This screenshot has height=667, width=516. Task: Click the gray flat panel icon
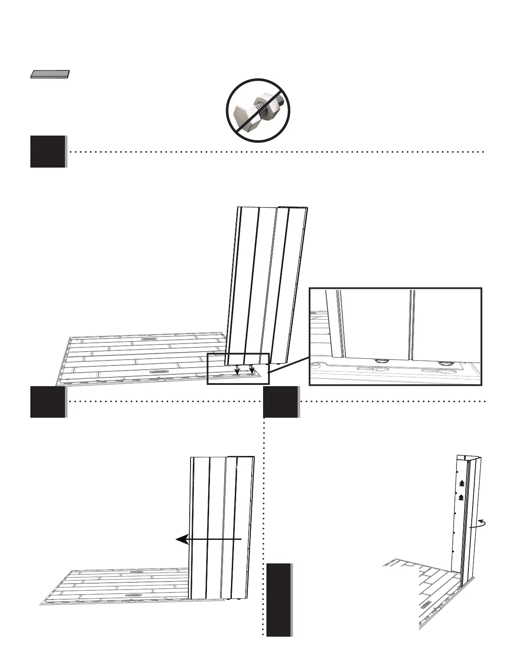tap(50, 75)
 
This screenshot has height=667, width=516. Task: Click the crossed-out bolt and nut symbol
tap(258, 110)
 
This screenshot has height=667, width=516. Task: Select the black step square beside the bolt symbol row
tap(48, 152)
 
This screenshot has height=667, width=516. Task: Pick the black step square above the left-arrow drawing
tap(48, 402)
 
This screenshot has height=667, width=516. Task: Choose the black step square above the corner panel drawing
tap(281, 402)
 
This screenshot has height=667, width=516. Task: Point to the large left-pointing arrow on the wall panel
tap(209, 539)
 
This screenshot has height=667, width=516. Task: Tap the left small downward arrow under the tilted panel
tap(237, 369)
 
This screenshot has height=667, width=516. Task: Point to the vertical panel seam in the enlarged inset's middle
tap(411, 324)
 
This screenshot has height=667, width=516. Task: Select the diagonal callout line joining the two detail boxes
tap(289, 364)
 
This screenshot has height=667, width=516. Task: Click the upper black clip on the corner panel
tap(461, 483)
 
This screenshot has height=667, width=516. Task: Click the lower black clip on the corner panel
tap(461, 498)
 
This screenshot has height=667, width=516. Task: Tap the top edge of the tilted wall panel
tap(272, 207)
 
